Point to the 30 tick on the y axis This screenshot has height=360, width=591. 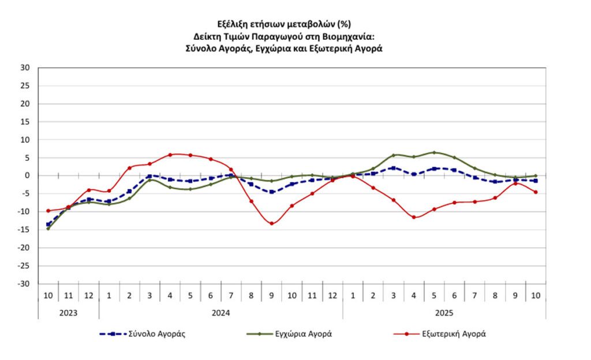(25, 67)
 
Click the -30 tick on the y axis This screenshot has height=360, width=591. (24, 284)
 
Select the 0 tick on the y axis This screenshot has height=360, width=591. (27, 175)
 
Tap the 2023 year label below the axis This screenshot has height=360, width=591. (69, 313)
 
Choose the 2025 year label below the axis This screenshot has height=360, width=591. (444, 313)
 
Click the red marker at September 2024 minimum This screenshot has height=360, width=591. (272, 223)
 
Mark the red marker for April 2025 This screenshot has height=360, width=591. (414, 217)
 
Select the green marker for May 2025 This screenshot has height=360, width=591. (434, 152)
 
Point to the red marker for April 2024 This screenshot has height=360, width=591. (170, 155)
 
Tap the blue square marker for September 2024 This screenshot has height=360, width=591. (272, 192)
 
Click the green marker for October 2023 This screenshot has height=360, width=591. (48, 228)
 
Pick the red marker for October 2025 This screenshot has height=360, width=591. (536, 192)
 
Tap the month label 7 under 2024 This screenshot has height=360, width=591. (231, 295)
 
